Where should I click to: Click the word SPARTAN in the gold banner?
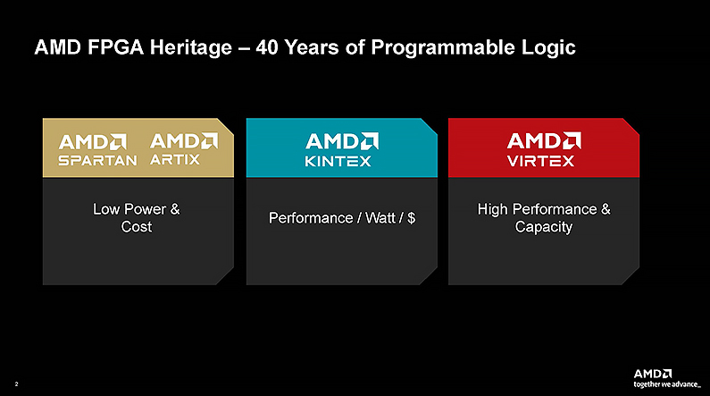[97, 160]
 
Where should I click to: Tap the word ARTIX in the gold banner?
[175, 159]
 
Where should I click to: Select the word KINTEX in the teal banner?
[338, 161]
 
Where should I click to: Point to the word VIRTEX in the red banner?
[540, 161]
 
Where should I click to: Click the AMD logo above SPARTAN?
[93, 142]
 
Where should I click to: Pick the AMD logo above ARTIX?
[184, 141]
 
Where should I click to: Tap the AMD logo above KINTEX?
[342, 141]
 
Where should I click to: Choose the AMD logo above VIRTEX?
[544, 141]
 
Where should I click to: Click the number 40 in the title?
[267, 47]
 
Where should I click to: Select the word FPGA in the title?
[115, 47]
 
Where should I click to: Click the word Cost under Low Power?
[137, 226]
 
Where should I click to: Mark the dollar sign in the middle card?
[411, 218]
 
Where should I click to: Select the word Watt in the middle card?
[380, 218]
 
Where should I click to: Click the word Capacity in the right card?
[543, 227]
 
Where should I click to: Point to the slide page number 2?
[16, 384]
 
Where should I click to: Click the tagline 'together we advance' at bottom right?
[667, 384]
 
